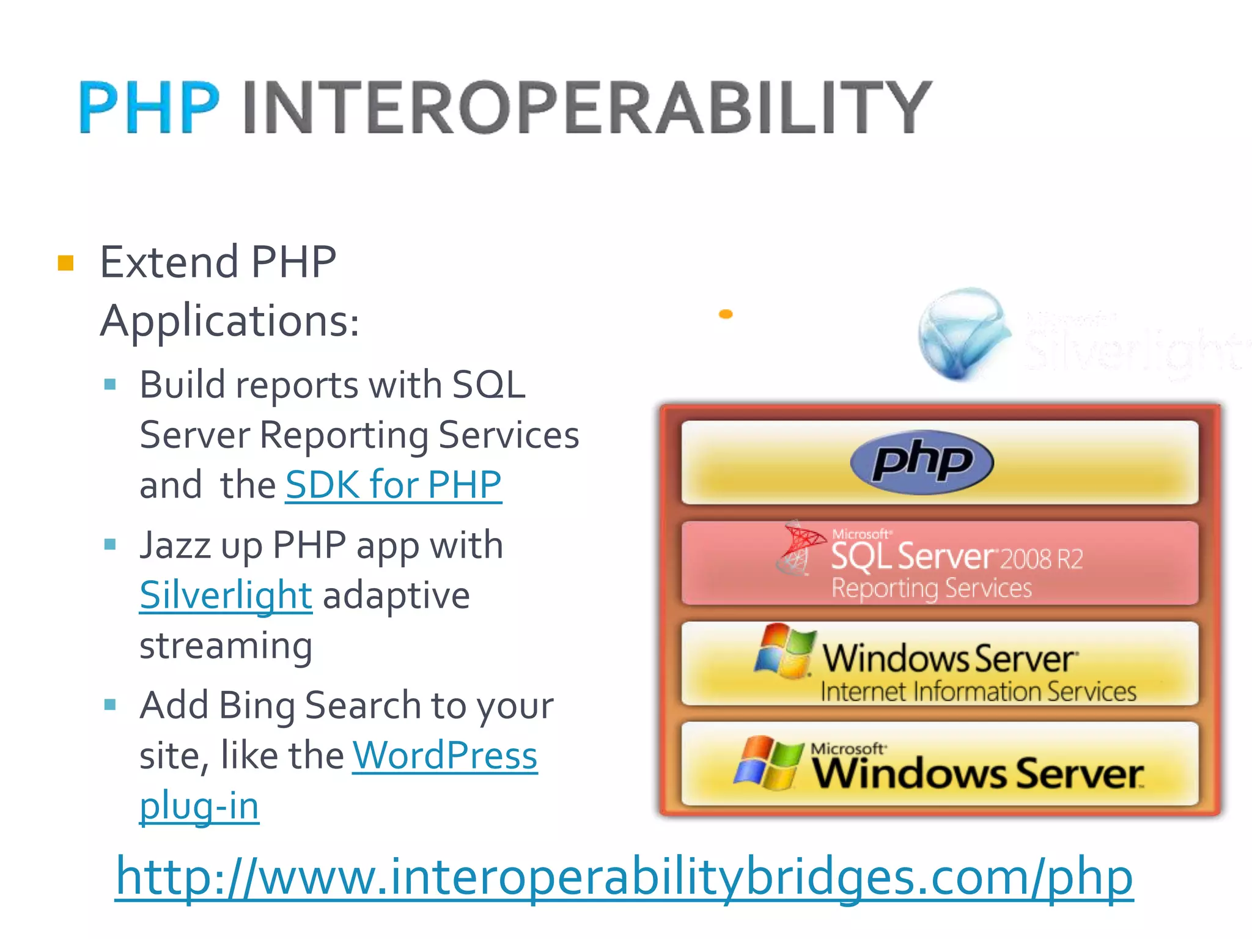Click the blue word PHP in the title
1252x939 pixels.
coord(149,107)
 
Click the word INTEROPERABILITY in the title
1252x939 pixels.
coord(587,107)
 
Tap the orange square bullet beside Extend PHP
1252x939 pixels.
coord(65,263)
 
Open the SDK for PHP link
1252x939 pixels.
coord(393,485)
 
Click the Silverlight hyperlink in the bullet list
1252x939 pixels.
coord(226,595)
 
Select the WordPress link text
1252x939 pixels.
coord(445,755)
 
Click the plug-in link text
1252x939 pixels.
coord(199,805)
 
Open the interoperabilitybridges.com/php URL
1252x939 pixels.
coord(624,877)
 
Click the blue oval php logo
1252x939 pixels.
coord(921,462)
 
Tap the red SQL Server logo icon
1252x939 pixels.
coord(798,547)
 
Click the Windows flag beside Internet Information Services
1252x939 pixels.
coord(784,651)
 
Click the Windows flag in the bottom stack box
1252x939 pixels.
coord(768,762)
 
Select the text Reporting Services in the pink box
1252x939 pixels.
coord(931,588)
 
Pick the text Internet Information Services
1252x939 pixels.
coord(978,691)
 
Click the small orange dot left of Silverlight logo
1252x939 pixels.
coord(726,314)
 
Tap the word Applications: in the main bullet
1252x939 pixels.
coord(230,320)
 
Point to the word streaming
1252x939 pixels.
coord(226,645)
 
